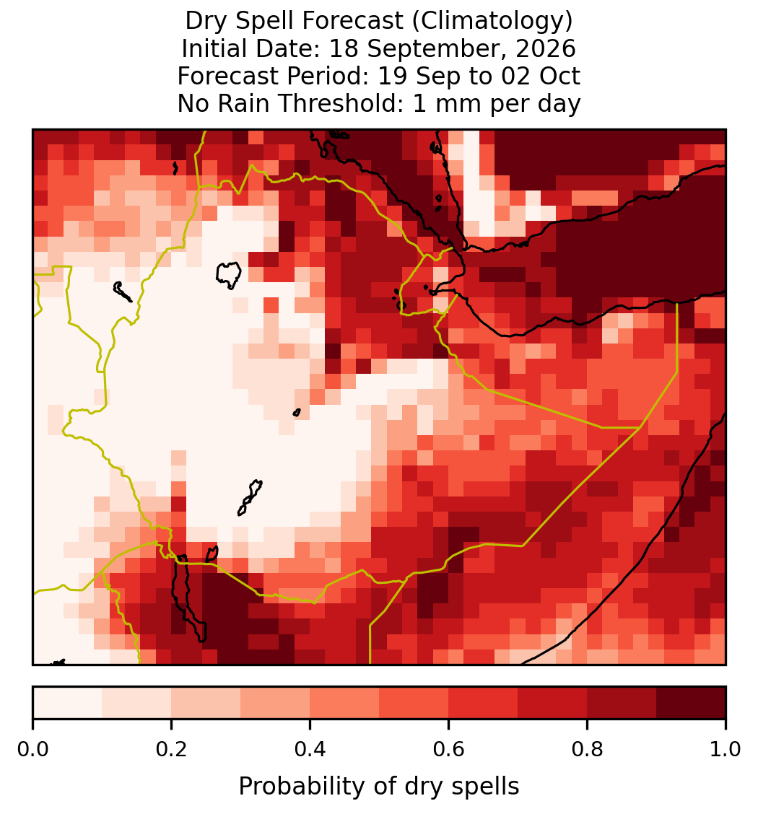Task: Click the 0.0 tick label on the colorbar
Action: click(x=32, y=749)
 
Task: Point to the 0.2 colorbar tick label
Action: click(x=171, y=749)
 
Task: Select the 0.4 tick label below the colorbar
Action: click(x=310, y=749)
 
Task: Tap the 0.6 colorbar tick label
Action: click(x=449, y=749)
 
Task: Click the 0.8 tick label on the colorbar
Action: click(x=588, y=749)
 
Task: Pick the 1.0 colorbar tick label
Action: click(x=726, y=749)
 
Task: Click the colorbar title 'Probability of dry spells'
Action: click(x=379, y=787)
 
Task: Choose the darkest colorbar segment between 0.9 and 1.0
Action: click(x=691, y=703)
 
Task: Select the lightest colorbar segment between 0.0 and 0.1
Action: click(x=68, y=703)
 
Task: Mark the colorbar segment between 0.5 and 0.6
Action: click(x=414, y=703)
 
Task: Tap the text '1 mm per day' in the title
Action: click(x=497, y=104)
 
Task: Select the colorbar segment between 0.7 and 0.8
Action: click(x=553, y=703)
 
